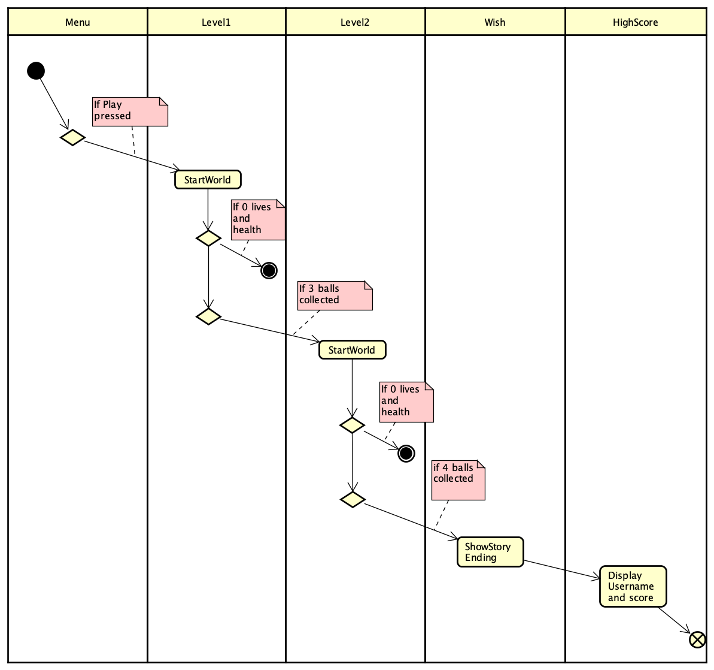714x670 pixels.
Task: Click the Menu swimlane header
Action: [78, 22]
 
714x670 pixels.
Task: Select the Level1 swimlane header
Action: [216, 22]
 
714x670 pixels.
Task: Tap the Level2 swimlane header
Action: [355, 22]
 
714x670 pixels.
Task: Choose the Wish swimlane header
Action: [494, 22]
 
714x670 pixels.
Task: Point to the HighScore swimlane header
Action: [635, 22]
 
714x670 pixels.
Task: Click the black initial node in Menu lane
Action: [36, 71]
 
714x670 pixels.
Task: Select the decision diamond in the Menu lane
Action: [72, 137]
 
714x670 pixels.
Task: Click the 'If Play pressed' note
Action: [130, 111]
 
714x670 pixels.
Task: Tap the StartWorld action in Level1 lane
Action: [208, 180]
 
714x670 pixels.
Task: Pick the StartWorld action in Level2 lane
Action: [352, 350]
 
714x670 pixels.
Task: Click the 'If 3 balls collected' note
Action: [335, 295]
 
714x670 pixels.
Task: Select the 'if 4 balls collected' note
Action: [458, 480]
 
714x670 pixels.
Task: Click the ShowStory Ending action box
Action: [490, 552]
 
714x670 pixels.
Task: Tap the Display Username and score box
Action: [633, 587]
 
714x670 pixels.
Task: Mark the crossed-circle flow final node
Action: [697, 639]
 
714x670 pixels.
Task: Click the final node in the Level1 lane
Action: [269, 270]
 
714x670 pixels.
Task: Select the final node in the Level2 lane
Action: [406, 454]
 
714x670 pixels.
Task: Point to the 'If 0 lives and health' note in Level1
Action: [257, 220]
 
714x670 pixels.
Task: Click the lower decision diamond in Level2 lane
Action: [353, 499]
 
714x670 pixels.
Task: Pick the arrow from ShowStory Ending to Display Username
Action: [561, 570]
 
